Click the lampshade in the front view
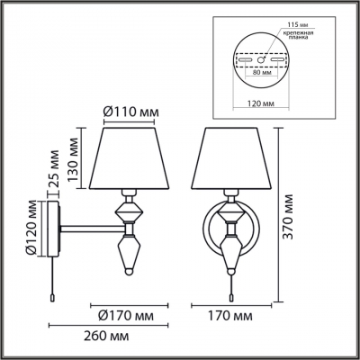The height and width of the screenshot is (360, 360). (x=230, y=157)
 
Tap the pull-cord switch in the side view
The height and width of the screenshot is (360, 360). (x=56, y=292)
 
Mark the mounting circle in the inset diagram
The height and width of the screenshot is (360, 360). (x=261, y=59)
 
